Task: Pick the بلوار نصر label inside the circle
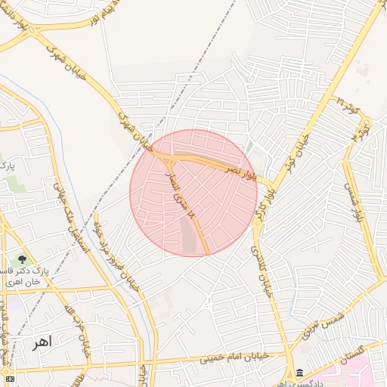[x=239, y=168]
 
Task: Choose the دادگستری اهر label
[x=325, y=382]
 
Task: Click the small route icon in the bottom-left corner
[x=9, y=378]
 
